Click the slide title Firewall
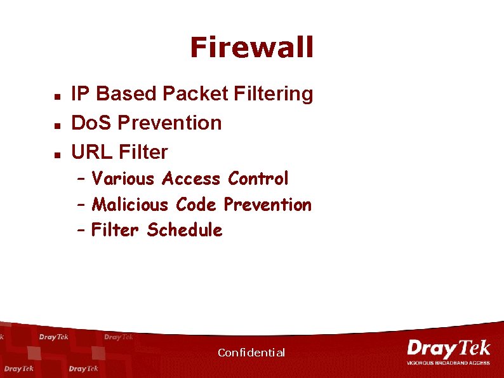pyautogui.click(x=251, y=47)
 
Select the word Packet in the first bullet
pyautogui.click(x=195, y=94)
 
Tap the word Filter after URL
pyautogui.click(x=143, y=152)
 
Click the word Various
pyautogui.click(x=123, y=179)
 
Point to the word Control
pyautogui.click(x=258, y=179)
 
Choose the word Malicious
pyautogui.click(x=130, y=205)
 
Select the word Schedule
pyautogui.click(x=184, y=230)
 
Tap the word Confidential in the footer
pyautogui.click(x=251, y=353)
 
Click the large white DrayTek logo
pyautogui.click(x=448, y=349)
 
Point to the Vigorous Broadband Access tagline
pyautogui.click(x=448, y=363)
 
